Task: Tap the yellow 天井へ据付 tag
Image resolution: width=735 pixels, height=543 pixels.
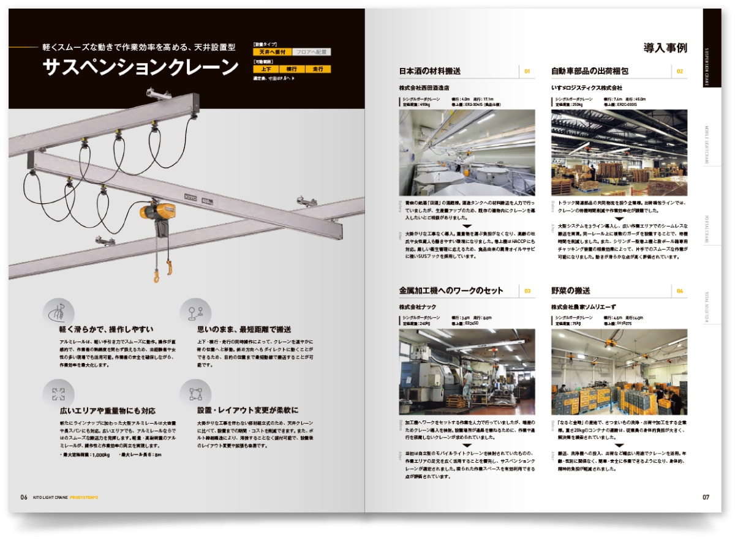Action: [271, 53]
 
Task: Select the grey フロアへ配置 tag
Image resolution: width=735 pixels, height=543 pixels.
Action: [311, 53]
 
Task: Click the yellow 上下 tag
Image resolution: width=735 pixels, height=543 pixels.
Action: [265, 70]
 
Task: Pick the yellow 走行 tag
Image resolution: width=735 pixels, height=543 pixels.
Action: [318, 70]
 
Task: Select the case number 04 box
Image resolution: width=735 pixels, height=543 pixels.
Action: [679, 291]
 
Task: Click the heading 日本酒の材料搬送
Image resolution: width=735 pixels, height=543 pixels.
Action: [430, 71]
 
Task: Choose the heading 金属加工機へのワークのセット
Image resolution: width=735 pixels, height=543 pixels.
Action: [451, 290]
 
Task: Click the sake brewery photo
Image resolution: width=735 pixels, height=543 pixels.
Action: [467, 152]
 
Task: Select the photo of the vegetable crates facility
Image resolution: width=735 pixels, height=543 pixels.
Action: [619, 372]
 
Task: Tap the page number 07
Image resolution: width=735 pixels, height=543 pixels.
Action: [706, 497]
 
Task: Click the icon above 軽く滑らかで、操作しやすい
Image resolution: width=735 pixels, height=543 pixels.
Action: [58, 312]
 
